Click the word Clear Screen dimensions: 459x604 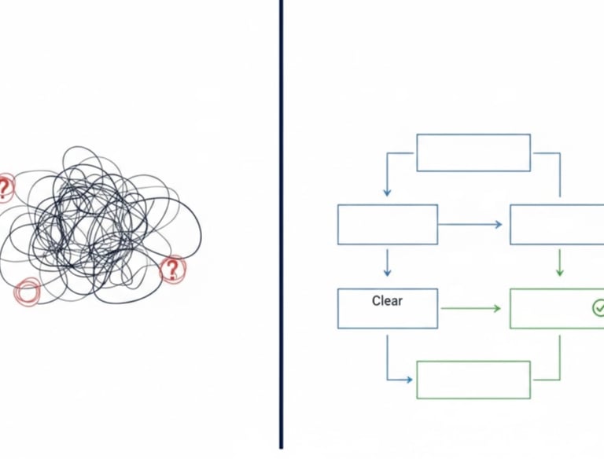coord(387,300)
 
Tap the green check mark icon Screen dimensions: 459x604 coord(598,307)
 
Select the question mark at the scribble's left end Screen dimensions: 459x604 coord(6,187)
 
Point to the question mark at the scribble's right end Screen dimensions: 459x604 coord(172,270)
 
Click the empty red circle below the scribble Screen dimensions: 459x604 coord(27,292)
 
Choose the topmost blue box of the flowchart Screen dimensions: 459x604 coord(473,152)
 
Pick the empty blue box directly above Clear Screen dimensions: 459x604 coord(387,224)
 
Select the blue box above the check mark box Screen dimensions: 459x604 coord(557,224)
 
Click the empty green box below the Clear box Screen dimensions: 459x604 coord(473,380)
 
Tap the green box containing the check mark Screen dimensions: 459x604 coord(557,308)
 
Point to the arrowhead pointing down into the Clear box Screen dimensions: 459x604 coord(387,272)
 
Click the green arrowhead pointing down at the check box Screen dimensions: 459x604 coord(559,272)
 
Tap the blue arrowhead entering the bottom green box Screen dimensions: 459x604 coord(408,380)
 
